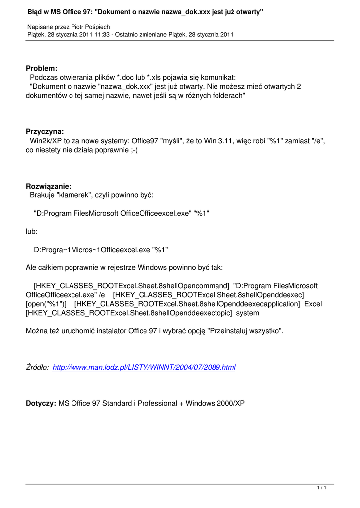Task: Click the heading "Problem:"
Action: (41, 68)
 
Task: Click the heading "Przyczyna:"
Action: (45, 132)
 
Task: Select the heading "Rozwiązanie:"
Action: (49, 187)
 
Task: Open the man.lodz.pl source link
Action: (144, 368)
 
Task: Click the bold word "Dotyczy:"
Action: (41, 404)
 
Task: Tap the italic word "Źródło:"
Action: (37, 368)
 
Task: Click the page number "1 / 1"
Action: (321, 489)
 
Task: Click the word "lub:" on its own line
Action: (31, 231)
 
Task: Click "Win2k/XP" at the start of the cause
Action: (46, 141)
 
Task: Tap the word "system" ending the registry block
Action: (247, 313)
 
